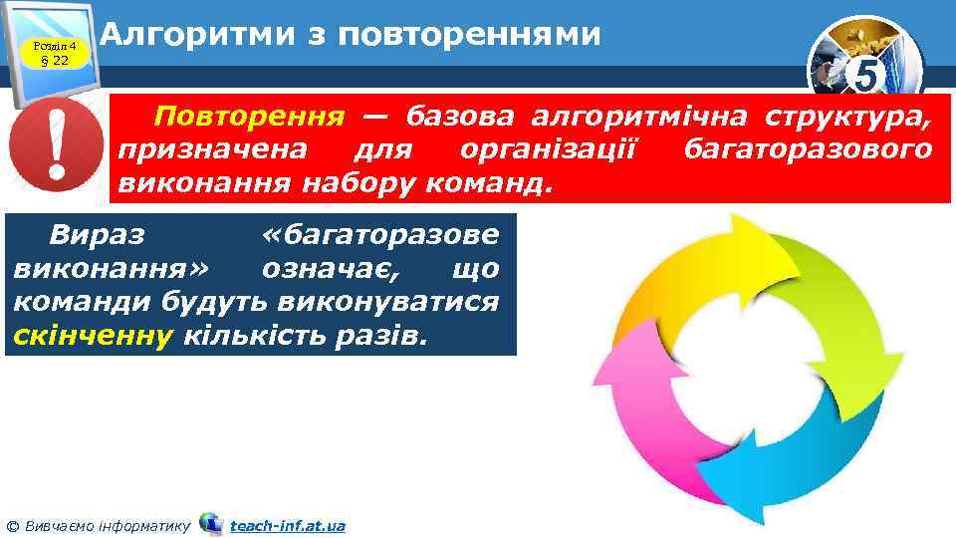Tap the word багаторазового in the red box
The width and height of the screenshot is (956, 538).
(808, 150)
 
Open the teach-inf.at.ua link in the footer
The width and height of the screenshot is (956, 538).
(287, 524)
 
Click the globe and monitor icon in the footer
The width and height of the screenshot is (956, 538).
(210, 523)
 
